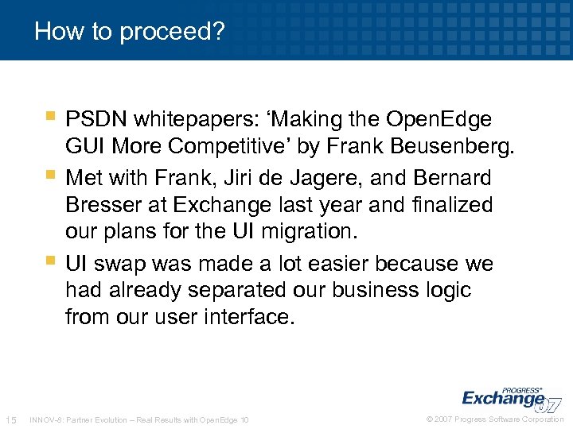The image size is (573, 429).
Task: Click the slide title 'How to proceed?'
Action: [130, 31]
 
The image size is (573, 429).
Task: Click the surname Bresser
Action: [104, 205]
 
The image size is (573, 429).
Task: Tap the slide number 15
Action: [11, 419]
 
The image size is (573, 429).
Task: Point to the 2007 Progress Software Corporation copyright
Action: [495, 419]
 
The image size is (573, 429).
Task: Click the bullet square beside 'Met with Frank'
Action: [52, 174]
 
